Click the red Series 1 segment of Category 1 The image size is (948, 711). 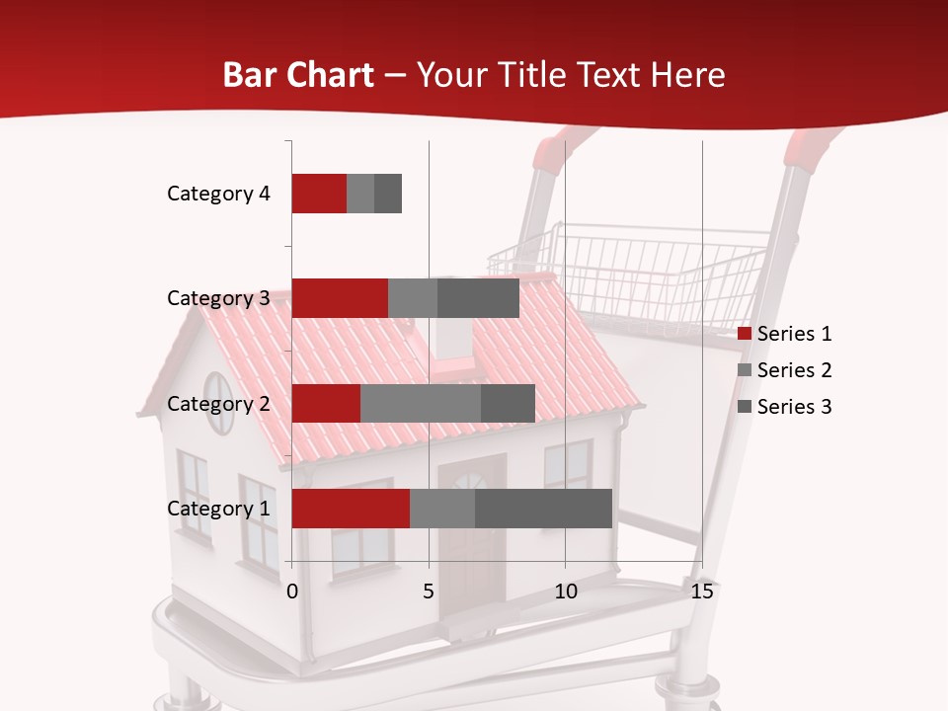pyautogui.click(x=351, y=509)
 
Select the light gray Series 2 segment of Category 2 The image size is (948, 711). pyautogui.click(x=421, y=403)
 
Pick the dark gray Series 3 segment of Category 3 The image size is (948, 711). pyautogui.click(x=478, y=298)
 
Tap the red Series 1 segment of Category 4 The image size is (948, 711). pyautogui.click(x=319, y=194)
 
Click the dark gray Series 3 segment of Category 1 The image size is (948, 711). pyautogui.click(x=543, y=509)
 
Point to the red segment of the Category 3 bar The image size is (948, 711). pyautogui.click(x=340, y=298)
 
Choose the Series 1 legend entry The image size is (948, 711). pyautogui.click(x=785, y=334)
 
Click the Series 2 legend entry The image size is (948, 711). pyautogui.click(x=785, y=370)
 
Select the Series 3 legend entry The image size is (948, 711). pyautogui.click(x=785, y=407)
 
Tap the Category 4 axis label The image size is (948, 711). pyautogui.click(x=218, y=194)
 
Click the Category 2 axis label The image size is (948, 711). pyautogui.click(x=218, y=403)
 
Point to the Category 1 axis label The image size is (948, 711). pyautogui.click(x=218, y=509)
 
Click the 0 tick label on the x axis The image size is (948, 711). pyautogui.click(x=292, y=592)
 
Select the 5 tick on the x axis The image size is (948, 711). pyautogui.click(x=429, y=592)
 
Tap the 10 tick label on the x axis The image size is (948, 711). pyautogui.click(x=565, y=592)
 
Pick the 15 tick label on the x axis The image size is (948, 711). pyautogui.click(x=701, y=592)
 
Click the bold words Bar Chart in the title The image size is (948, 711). pyautogui.click(x=298, y=74)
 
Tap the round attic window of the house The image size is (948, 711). pyautogui.click(x=218, y=402)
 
